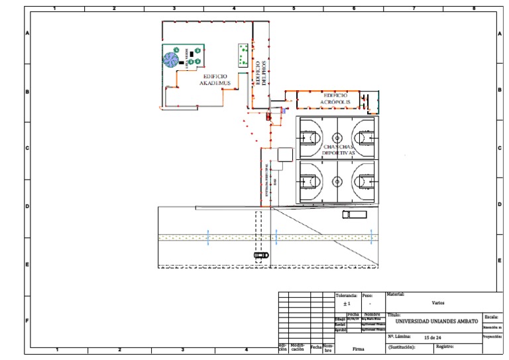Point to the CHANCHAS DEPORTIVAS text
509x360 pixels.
coord(339,149)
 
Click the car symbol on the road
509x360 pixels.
coord(261,255)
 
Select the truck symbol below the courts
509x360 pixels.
coord(354,214)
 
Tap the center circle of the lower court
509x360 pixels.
coord(337,180)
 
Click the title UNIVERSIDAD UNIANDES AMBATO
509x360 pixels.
coord(436,322)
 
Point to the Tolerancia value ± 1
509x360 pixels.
coord(346,304)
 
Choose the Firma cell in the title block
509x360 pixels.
coord(359,347)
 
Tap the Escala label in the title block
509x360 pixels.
coord(491,317)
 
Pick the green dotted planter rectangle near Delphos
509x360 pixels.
coord(243,54)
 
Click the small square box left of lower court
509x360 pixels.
coord(286,154)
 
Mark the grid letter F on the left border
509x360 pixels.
coord(27,321)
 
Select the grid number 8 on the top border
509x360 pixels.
coord(473,9)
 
